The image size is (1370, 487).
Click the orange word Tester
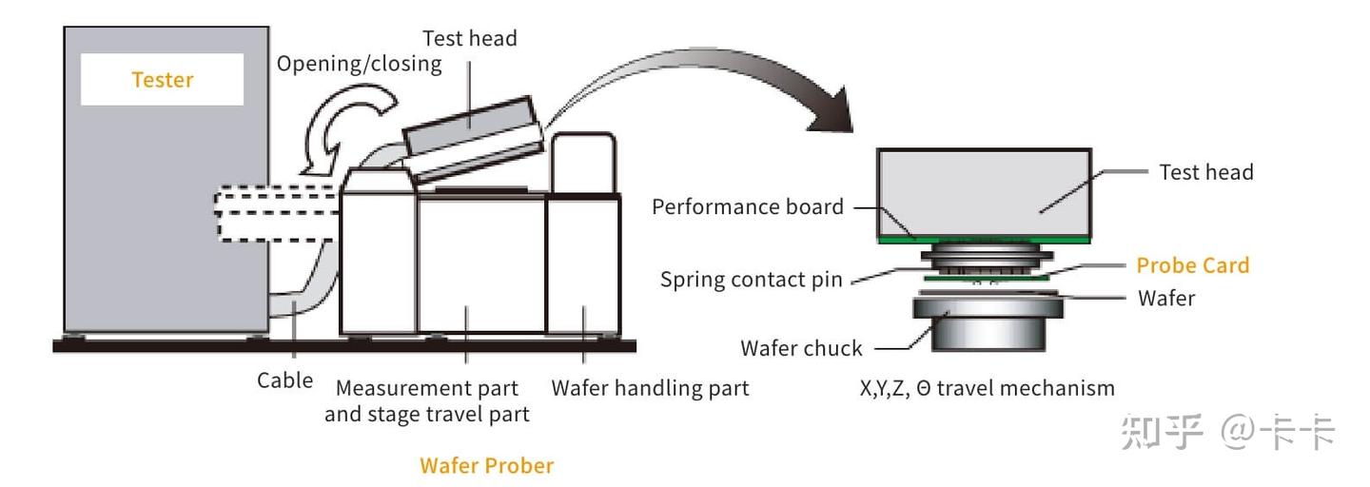pos(163,80)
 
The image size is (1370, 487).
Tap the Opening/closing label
pos(359,64)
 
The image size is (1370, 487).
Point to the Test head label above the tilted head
pos(470,38)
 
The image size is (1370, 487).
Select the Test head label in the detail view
pos(1206,172)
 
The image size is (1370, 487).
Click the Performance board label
pos(748,206)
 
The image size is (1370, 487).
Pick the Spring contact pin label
pos(752,280)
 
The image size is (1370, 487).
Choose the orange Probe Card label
pos(1193,264)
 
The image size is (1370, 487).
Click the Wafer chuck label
pos(801,348)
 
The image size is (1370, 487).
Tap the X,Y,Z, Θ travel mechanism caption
pos(983,388)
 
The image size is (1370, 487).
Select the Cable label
pos(284,380)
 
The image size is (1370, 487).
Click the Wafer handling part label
pos(650,388)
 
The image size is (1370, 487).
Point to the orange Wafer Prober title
pos(486,466)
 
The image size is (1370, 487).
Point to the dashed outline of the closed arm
pos(276,214)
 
